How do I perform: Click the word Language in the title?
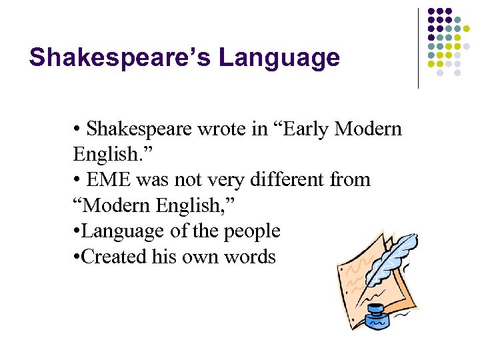point(279,58)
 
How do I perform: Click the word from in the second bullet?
point(349,180)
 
